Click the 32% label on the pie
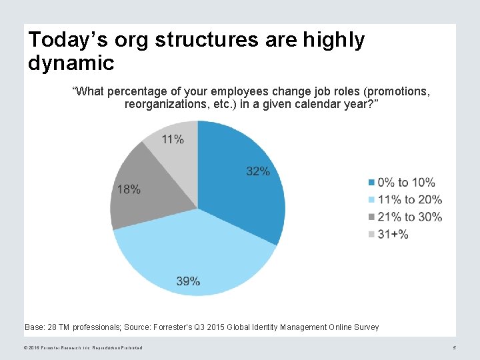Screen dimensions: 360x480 coord(258,171)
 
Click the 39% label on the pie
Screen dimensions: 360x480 coord(188,281)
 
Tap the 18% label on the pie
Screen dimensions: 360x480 coord(129,189)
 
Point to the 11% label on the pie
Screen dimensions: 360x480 coord(173,139)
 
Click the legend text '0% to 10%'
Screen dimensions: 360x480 coord(406,182)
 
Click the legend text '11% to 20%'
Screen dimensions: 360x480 coord(409,199)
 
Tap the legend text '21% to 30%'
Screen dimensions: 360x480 coord(409,217)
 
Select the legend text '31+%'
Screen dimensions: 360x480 coord(393,234)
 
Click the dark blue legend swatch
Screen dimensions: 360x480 coord(371,182)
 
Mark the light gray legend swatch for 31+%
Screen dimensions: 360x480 coord(371,234)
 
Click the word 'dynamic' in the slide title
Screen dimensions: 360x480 coord(71,63)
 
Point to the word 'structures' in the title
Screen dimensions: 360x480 coord(207,40)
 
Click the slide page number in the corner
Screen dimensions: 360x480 coord(454,348)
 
